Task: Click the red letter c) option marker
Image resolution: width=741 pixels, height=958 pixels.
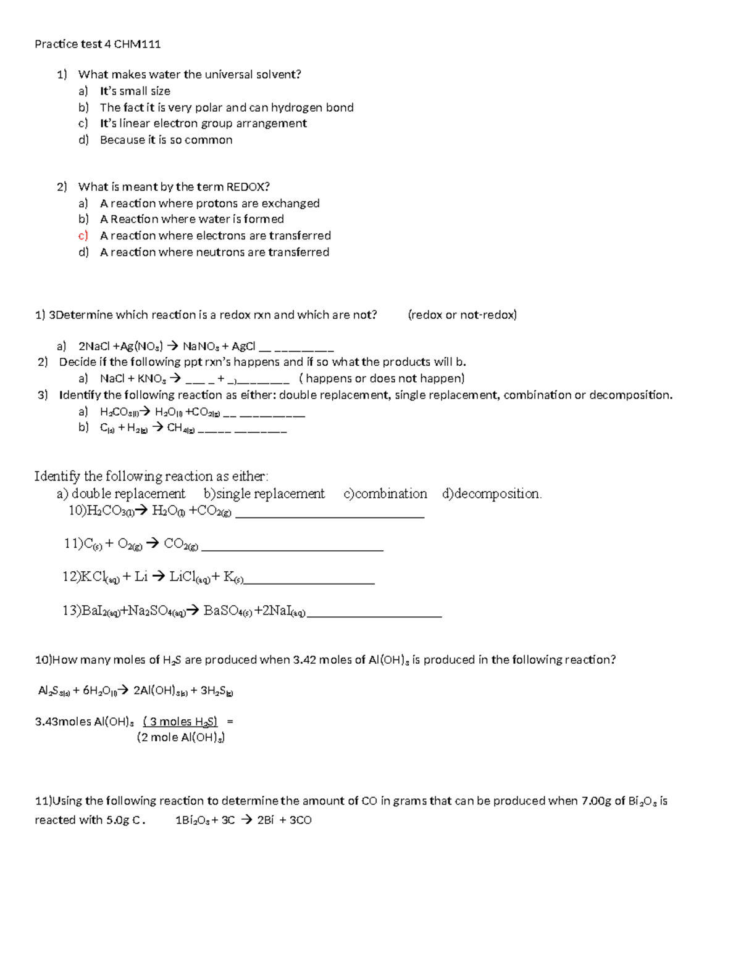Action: (83, 236)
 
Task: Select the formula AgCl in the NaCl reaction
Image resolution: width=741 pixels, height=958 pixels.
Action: (244, 346)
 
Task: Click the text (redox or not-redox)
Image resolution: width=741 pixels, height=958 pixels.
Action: (462, 315)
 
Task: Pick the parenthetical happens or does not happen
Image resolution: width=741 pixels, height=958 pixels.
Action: (382, 378)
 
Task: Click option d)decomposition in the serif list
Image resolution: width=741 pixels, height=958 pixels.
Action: (492, 493)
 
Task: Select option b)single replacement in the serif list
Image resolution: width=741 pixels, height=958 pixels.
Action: (264, 493)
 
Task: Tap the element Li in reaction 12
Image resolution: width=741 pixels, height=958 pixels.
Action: (141, 577)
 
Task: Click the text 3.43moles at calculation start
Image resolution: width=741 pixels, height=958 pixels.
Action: (64, 722)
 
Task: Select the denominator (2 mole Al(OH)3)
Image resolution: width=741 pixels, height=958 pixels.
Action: (180, 737)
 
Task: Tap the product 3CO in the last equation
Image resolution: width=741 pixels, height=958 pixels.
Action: (300, 820)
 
